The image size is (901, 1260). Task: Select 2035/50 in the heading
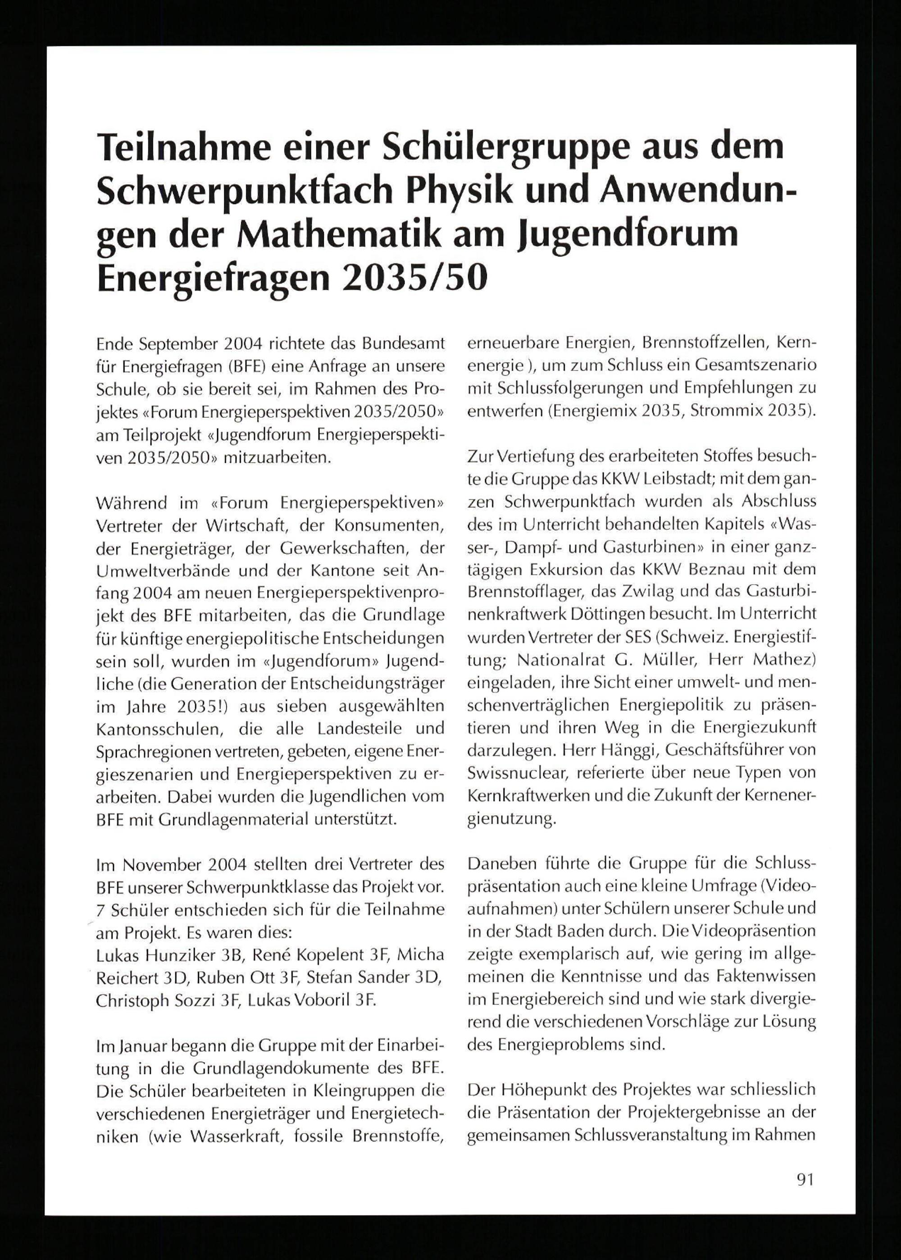(414, 278)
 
